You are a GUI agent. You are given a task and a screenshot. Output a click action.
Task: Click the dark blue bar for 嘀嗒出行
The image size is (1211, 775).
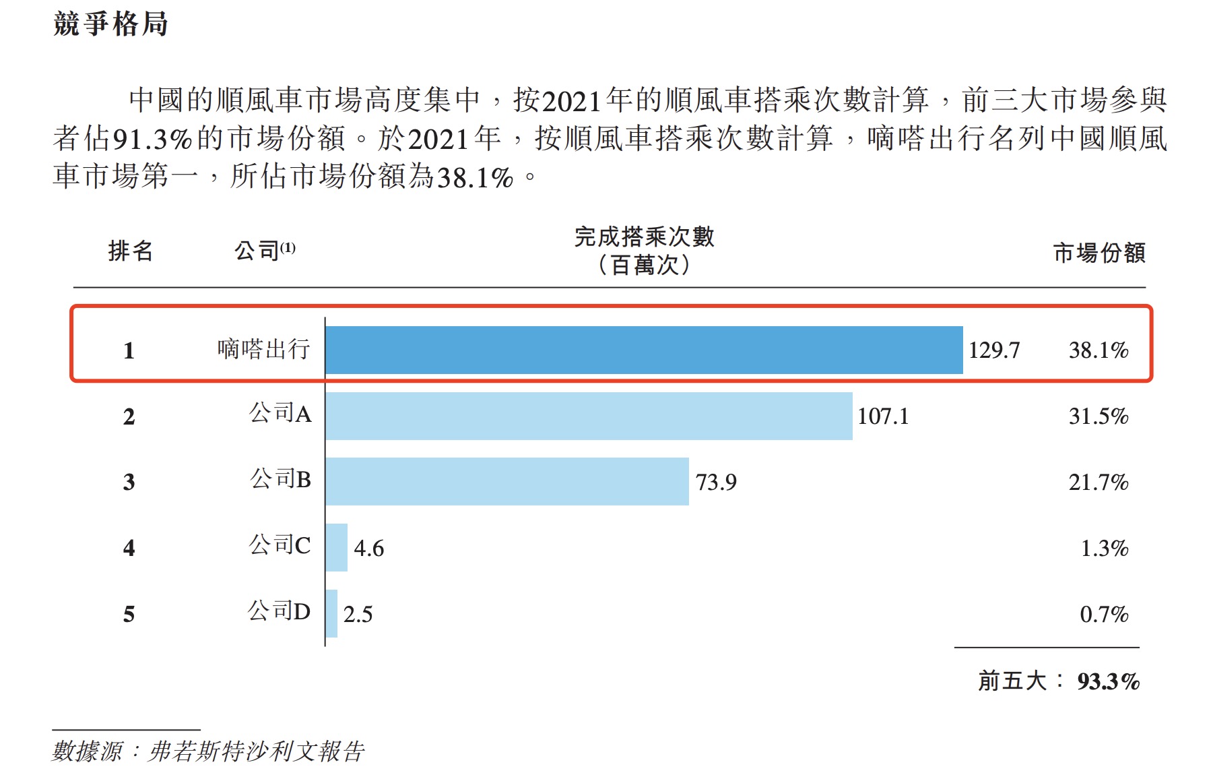643,350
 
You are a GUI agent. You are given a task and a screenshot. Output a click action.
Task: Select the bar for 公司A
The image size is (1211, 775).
588,416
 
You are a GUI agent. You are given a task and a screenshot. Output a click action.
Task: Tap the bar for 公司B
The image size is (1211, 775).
506,481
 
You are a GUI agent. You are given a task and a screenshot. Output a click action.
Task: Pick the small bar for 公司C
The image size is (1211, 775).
336,547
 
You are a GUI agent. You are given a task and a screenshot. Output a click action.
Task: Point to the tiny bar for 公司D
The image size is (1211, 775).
331,613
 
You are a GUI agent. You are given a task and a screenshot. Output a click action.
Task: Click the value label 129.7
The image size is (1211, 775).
993,350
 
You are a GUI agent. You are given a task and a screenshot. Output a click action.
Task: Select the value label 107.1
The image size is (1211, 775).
882,416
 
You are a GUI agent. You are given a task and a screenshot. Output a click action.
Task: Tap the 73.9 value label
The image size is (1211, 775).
715,483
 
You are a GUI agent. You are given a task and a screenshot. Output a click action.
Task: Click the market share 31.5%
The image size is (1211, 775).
1098,416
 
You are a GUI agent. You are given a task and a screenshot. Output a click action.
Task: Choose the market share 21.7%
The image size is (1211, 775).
1098,483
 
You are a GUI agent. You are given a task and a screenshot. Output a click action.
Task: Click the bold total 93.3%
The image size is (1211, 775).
1108,681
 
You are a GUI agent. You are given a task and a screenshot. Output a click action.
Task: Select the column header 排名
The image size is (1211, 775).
131,251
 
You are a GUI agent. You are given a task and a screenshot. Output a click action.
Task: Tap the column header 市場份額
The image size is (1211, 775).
1099,253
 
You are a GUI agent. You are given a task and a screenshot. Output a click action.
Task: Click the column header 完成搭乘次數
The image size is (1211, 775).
644,237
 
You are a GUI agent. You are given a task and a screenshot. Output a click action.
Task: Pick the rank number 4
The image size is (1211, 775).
129,548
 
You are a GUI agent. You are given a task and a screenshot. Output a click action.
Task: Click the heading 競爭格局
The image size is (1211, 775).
110,24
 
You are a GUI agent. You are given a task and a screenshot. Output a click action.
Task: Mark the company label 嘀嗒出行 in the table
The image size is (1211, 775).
263,349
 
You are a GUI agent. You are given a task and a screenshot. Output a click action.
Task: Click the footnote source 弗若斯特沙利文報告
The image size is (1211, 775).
257,751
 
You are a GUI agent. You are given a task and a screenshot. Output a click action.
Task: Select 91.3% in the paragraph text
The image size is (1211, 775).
152,139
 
